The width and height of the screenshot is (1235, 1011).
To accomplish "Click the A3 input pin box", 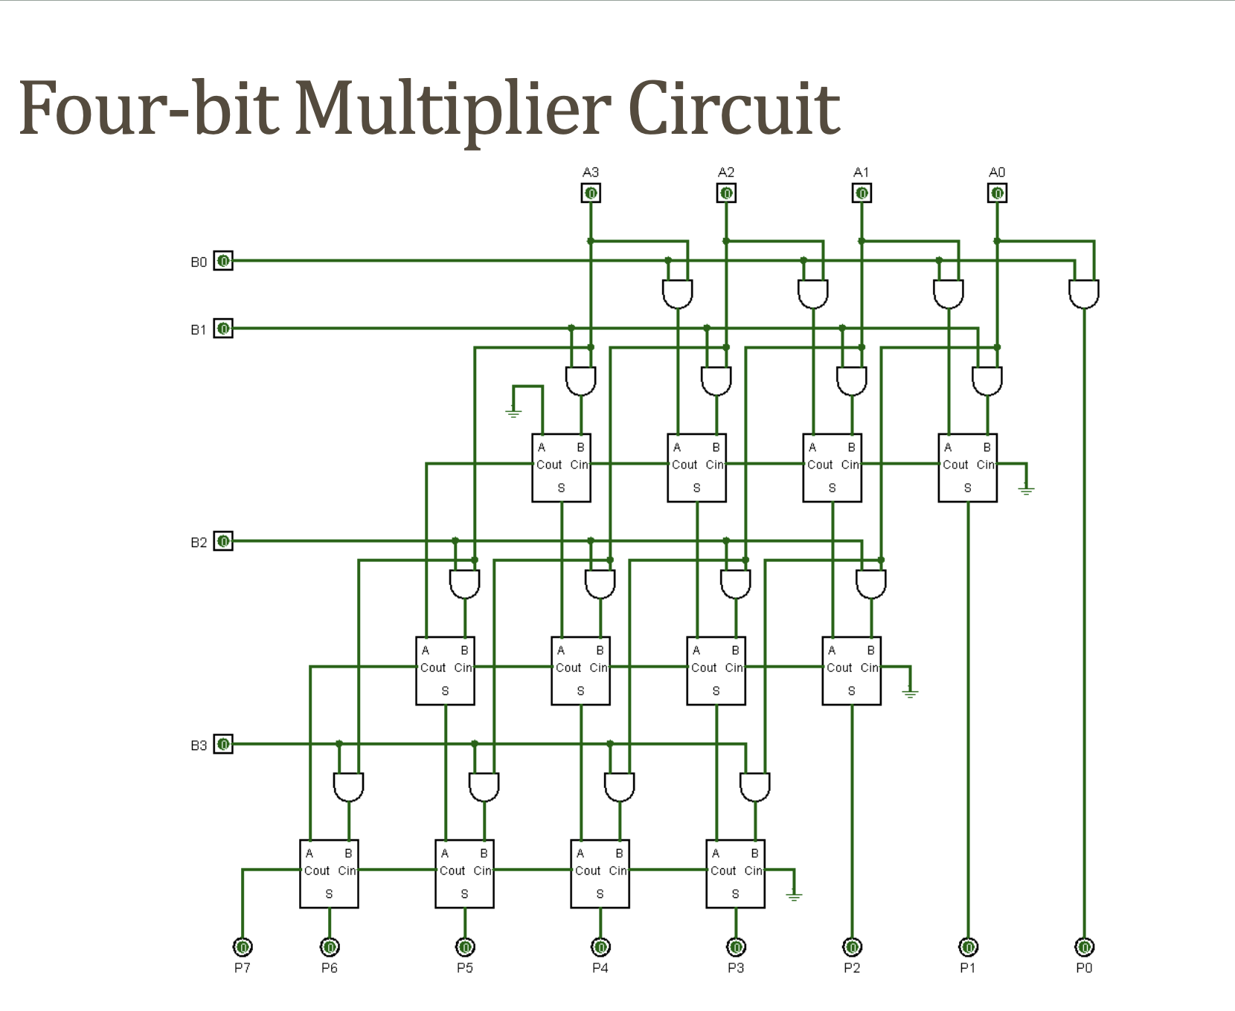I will pyautogui.click(x=591, y=193).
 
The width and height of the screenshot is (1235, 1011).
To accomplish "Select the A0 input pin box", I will pyautogui.click(x=997, y=193).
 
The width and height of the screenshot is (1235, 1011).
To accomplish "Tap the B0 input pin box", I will pyautogui.click(x=223, y=261).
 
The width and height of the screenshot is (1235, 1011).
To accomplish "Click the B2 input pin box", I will pyautogui.click(x=223, y=541).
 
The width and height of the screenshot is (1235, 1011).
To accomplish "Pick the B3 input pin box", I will pyautogui.click(x=223, y=744).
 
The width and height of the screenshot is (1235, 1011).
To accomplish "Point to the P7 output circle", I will pyautogui.click(x=243, y=947).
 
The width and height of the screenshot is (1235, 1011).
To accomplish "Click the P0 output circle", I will pyautogui.click(x=1084, y=947).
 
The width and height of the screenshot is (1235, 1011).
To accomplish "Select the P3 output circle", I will pyautogui.click(x=736, y=947).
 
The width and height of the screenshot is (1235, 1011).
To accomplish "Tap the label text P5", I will pyautogui.click(x=465, y=968).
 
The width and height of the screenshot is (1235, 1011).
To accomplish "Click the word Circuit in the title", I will pyautogui.click(x=734, y=110).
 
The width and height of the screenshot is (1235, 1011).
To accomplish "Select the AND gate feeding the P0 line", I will pyautogui.click(x=1084, y=294).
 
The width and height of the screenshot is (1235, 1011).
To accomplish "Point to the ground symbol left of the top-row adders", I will pyautogui.click(x=513, y=411).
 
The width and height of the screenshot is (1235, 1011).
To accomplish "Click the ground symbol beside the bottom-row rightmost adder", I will pyautogui.click(x=795, y=896).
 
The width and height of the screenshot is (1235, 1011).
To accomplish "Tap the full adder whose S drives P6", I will pyautogui.click(x=329, y=873).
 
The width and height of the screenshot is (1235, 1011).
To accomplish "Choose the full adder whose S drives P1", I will pyautogui.click(x=967, y=468).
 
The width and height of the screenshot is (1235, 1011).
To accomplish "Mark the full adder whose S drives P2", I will pyautogui.click(x=851, y=671).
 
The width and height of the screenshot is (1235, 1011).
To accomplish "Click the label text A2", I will pyautogui.click(x=726, y=172).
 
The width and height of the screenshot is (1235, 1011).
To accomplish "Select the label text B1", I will pyautogui.click(x=198, y=329).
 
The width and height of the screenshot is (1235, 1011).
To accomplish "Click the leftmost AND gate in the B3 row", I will pyautogui.click(x=348, y=786).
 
